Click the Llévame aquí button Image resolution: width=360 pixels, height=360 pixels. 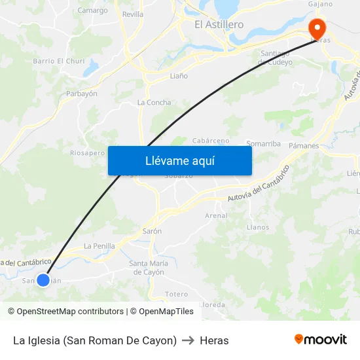click(179, 160)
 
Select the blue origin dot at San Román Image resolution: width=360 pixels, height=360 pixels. click(43, 280)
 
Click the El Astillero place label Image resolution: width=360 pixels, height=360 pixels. click(219, 25)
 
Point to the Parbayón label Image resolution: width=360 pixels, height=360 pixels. click(82, 94)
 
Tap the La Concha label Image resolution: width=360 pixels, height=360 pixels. click(154, 103)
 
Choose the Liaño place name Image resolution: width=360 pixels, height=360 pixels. click(179, 76)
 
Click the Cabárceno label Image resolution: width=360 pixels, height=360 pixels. click(211, 141)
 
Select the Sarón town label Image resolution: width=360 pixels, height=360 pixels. click(152, 231)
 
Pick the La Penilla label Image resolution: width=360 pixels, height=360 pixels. click(99, 246)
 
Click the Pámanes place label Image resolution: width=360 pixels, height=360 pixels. click(304, 145)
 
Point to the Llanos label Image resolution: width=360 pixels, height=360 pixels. click(258, 228)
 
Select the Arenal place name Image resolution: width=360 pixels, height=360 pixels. click(217, 215)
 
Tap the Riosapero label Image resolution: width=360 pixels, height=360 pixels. click(87, 153)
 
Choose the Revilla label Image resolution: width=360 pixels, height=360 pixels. click(133, 14)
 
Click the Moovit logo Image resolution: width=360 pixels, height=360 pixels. click(321, 340)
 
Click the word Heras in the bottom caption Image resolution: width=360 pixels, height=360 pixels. click(214, 340)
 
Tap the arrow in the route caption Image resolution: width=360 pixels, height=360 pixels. click(188, 340)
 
